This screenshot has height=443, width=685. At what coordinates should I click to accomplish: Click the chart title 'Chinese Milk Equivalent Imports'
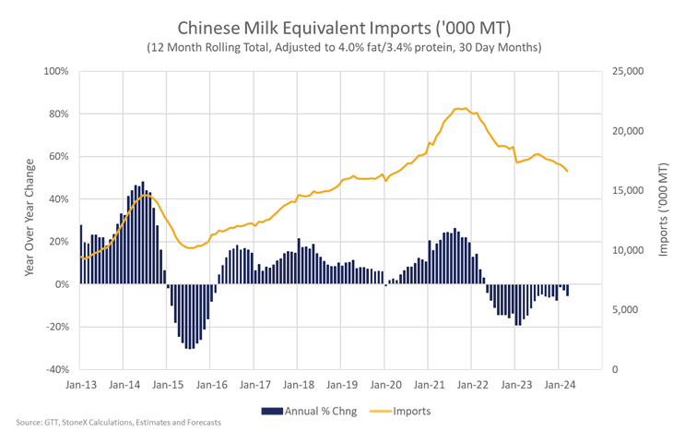(x=304, y=28)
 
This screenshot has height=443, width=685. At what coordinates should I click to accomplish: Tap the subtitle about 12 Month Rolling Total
(x=344, y=47)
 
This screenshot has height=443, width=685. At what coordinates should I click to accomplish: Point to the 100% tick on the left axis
(x=56, y=71)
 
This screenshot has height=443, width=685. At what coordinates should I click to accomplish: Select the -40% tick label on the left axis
(x=57, y=369)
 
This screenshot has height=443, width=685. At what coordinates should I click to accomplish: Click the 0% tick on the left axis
(x=62, y=284)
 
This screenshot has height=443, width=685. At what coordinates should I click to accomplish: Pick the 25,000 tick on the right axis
(x=628, y=71)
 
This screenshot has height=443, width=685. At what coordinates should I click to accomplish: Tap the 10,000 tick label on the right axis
(x=628, y=250)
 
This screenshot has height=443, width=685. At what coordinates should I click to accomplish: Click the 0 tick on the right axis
(x=615, y=369)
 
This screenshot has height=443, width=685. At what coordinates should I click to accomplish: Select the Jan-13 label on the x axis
(x=81, y=385)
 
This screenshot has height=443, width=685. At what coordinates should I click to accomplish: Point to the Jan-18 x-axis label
(x=299, y=385)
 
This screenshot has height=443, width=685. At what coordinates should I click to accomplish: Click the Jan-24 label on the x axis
(x=560, y=385)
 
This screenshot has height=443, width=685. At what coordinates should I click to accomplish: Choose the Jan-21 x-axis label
(x=429, y=385)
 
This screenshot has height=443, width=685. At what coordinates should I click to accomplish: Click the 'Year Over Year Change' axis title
(x=30, y=217)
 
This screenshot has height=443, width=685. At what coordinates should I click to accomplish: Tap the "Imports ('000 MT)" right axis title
(x=664, y=210)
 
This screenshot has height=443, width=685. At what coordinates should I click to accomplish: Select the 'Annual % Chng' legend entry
(x=309, y=411)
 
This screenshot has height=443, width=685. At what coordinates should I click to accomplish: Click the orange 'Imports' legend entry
(x=400, y=411)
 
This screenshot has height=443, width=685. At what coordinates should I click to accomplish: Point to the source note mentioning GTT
(x=118, y=423)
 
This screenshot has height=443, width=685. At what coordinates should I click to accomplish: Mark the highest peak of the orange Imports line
(x=466, y=108)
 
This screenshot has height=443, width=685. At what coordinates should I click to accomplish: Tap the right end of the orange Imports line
(x=568, y=171)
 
